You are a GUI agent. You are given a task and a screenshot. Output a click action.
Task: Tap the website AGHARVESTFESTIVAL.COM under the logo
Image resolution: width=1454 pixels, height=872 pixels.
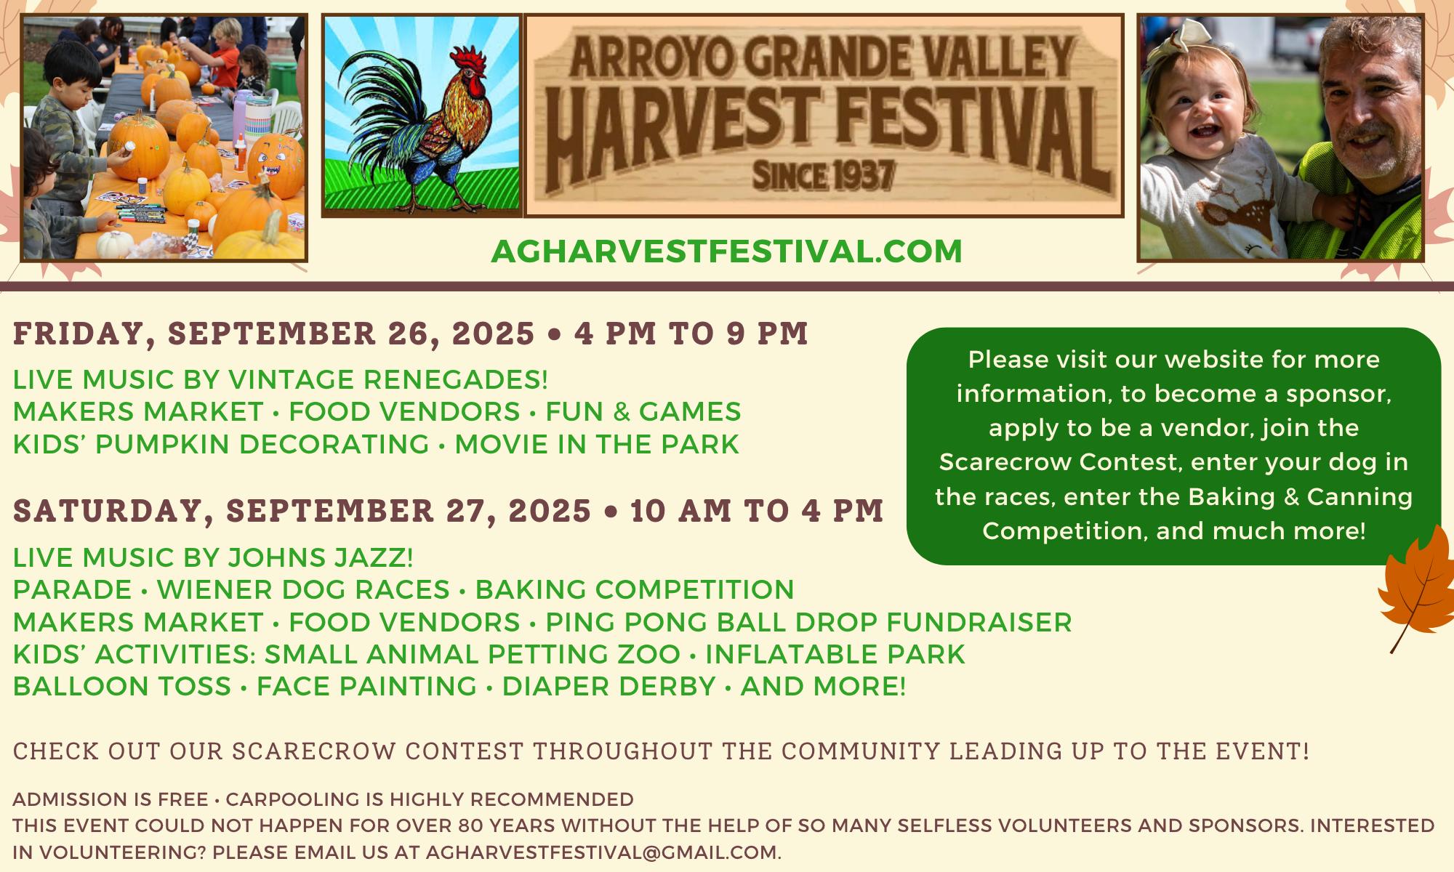click(726, 251)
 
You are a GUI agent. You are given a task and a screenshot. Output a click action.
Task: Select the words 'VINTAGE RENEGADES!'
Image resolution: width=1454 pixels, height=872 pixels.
click(388, 379)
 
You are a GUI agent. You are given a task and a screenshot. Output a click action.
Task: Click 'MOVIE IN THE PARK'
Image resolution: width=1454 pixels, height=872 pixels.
click(597, 444)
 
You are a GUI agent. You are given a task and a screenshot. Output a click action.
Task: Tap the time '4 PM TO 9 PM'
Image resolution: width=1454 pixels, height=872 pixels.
click(691, 334)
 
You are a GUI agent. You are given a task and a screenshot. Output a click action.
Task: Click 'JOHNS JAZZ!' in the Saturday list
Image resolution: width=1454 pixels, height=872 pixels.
click(321, 557)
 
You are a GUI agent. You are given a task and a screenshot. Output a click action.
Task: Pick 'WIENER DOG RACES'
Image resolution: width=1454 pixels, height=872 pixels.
click(303, 589)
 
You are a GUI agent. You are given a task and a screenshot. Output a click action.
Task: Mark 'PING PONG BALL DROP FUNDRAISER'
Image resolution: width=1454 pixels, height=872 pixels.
click(808, 622)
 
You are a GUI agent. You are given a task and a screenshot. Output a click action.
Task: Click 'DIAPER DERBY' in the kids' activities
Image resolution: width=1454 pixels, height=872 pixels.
click(609, 686)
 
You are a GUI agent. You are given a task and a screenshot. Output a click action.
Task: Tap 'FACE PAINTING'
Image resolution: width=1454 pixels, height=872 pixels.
click(366, 686)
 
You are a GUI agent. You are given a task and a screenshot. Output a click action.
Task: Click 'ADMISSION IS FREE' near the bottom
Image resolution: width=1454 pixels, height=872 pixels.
click(111, 800)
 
